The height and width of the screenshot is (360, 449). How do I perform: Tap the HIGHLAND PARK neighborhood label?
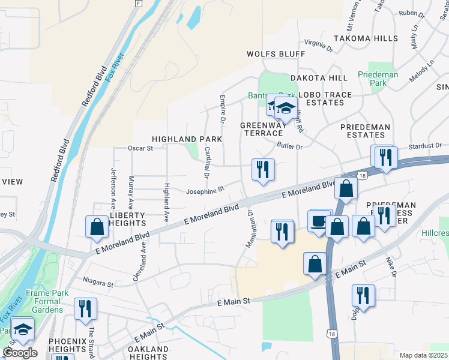(187, 139)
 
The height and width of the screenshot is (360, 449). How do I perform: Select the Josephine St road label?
(204, 189)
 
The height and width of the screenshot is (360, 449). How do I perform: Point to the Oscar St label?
(141, 148)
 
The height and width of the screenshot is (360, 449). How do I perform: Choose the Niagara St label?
(98, 283)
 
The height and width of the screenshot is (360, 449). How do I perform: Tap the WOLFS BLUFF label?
(276, 54)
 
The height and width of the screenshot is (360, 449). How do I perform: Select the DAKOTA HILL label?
(319, 78)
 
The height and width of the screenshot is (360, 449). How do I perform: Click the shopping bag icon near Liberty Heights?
(97, 226)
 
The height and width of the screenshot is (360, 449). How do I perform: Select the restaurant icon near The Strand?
(85, 308)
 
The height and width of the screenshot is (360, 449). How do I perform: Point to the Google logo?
(20, 352)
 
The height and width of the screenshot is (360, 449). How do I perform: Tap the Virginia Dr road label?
(318, 44)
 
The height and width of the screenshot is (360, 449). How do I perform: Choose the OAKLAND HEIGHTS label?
(149, 353)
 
